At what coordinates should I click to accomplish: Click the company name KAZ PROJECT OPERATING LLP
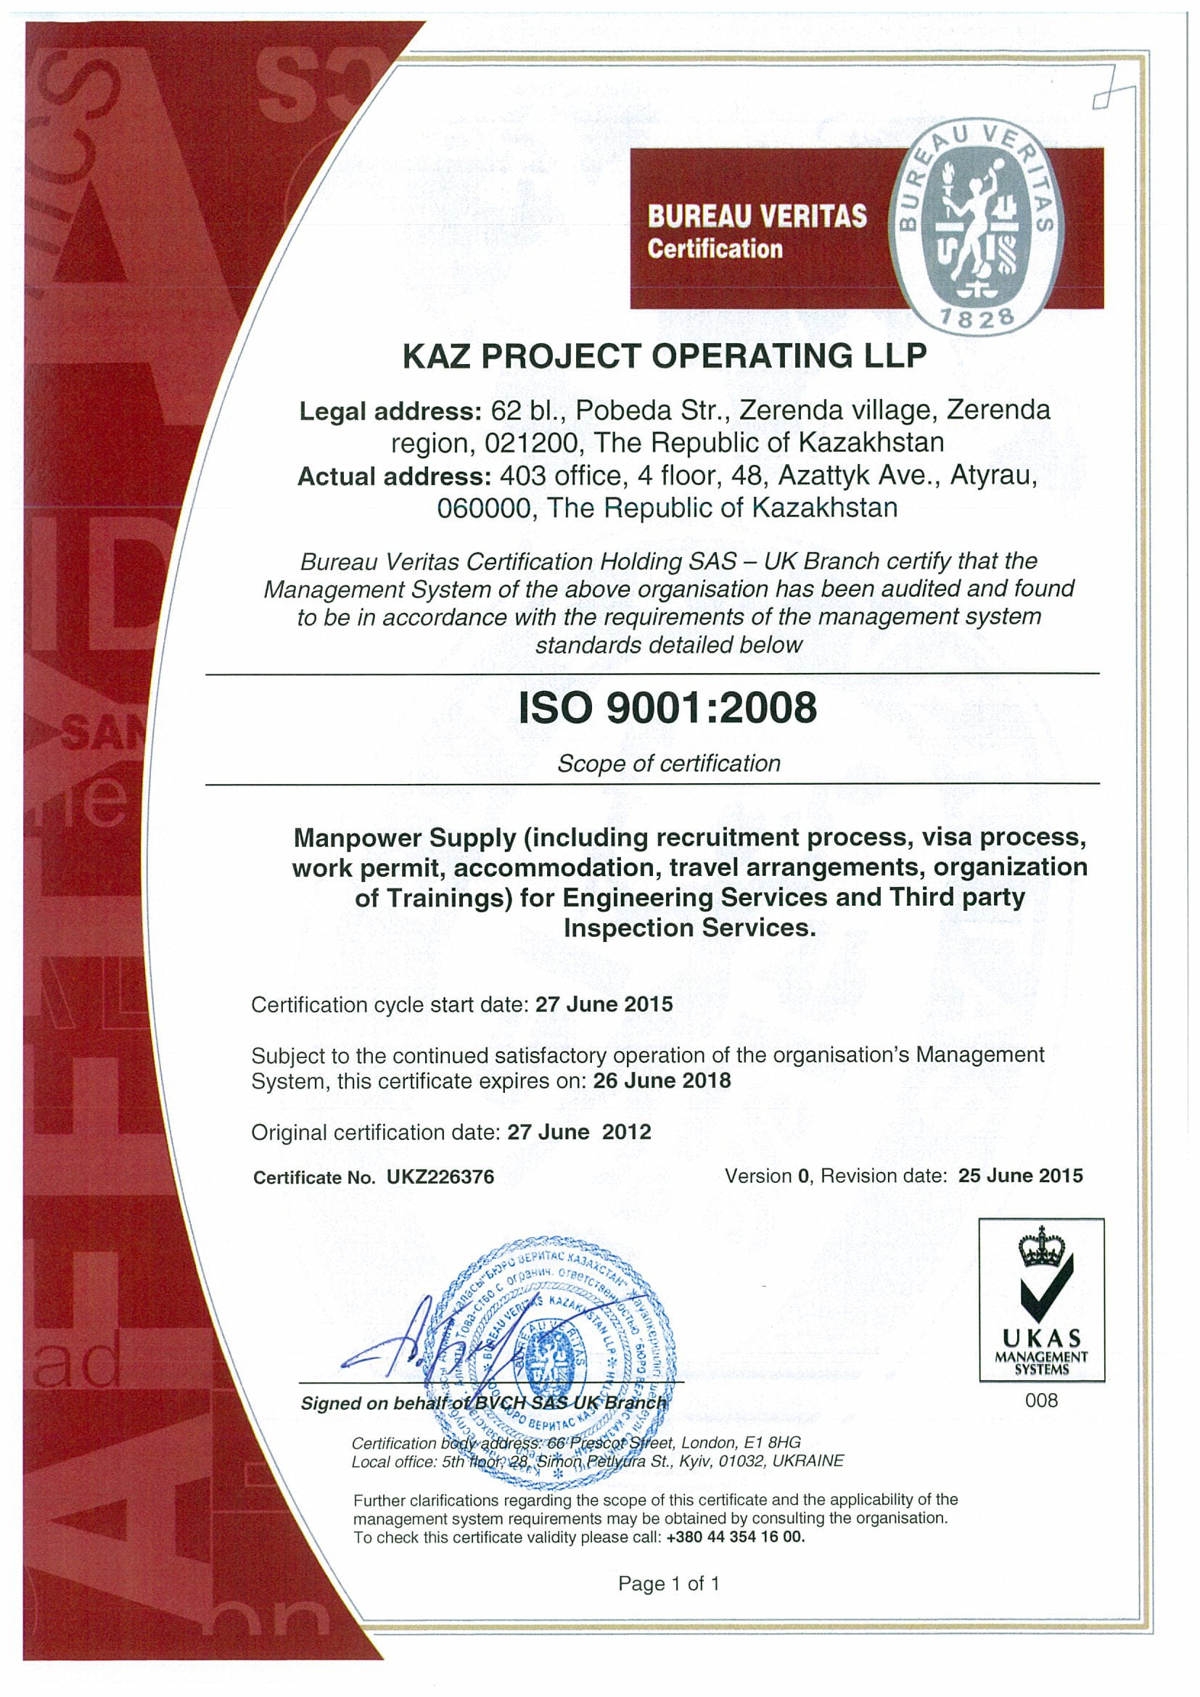point(664,356)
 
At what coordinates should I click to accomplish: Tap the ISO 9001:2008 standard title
point(667,707)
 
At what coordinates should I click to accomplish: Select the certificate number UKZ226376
point(440,1178)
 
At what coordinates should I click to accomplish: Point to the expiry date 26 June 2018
point(662,1081)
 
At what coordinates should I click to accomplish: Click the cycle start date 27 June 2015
point(604,1004)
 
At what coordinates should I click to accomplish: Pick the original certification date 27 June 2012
point(579,1132)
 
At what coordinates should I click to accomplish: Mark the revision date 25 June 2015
point(1020,1176)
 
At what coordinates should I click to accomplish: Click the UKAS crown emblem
point(1041,1248)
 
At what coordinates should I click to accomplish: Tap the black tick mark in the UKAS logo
point(1045,1291)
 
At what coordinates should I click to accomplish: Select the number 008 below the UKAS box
point(1041,1400)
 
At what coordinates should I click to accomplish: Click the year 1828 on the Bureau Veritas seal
point(977,318)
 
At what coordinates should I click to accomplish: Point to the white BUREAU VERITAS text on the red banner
point(757,217)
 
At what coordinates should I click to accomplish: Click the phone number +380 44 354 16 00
point(735,1537)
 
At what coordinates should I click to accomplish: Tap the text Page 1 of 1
point(668,1583)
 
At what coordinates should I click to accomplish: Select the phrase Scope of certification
point(668,764)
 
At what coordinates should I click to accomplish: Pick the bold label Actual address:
point(394,476)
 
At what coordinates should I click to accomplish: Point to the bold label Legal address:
point(390,411)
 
